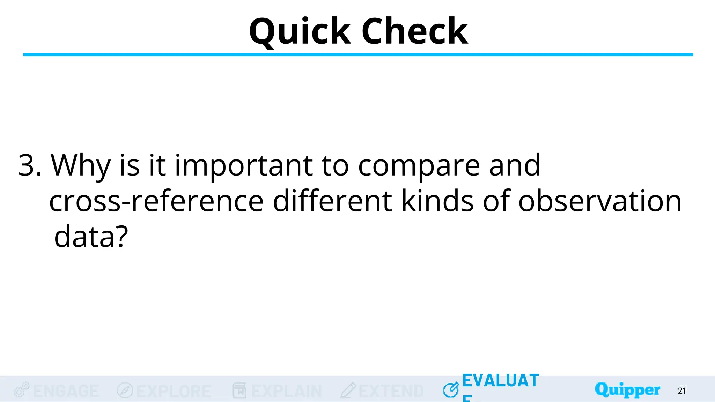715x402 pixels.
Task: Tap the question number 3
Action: click(x=29, y=165)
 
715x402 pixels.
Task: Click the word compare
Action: click(x=419, y=165)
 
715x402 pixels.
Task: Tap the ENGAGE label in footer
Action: click(x=66, y=391)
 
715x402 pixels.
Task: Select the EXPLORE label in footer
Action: click(x=174, y=391)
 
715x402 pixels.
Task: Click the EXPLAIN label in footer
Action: click(x=286, y=391)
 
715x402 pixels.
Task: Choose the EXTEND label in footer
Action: click(x=391, y=391)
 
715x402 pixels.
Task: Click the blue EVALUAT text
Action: click(x=500, y=381)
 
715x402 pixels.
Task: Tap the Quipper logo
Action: click(x=627, y=390)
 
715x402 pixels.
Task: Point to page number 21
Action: click(x=682, y=391)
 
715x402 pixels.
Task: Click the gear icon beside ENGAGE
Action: click(x=21, y=390)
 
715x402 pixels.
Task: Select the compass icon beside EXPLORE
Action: click(x=125, y=390)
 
